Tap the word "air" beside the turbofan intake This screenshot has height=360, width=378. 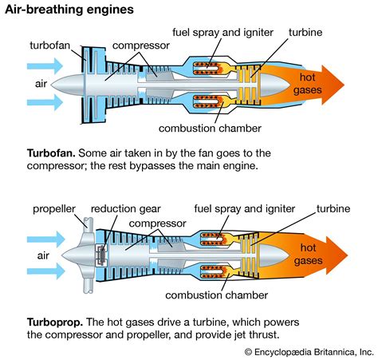point(41,83)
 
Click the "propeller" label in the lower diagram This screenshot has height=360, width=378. point(53,209)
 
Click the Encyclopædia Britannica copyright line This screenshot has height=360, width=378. point(309,350)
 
